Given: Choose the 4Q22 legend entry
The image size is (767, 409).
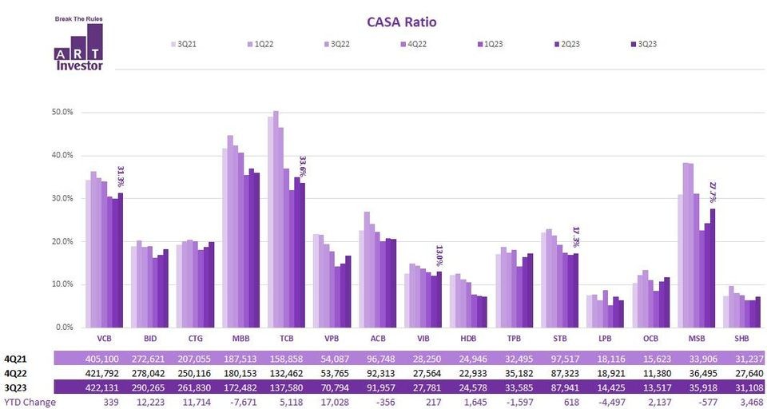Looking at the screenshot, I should pyautogui.click(x=414, y=44).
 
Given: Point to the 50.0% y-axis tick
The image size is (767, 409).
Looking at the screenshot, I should pyautogui.click(x=62, y=112).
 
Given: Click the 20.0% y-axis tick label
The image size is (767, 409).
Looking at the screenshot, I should pyautogui.click(x=62, y=241).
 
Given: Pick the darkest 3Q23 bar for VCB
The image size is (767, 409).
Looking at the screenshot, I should pyautogui.click(x=120, y=260).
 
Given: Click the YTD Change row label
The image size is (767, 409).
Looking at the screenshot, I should pyautogui.click(x=30, y=402).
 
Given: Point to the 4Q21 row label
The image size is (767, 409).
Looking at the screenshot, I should pyautogui.click(x=15, y=360).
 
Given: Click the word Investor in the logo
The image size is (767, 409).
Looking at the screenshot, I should pyautogui.click(x=79, y=66).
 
